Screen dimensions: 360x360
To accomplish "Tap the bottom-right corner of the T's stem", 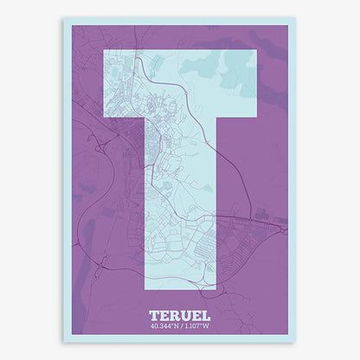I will (216, 288).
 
